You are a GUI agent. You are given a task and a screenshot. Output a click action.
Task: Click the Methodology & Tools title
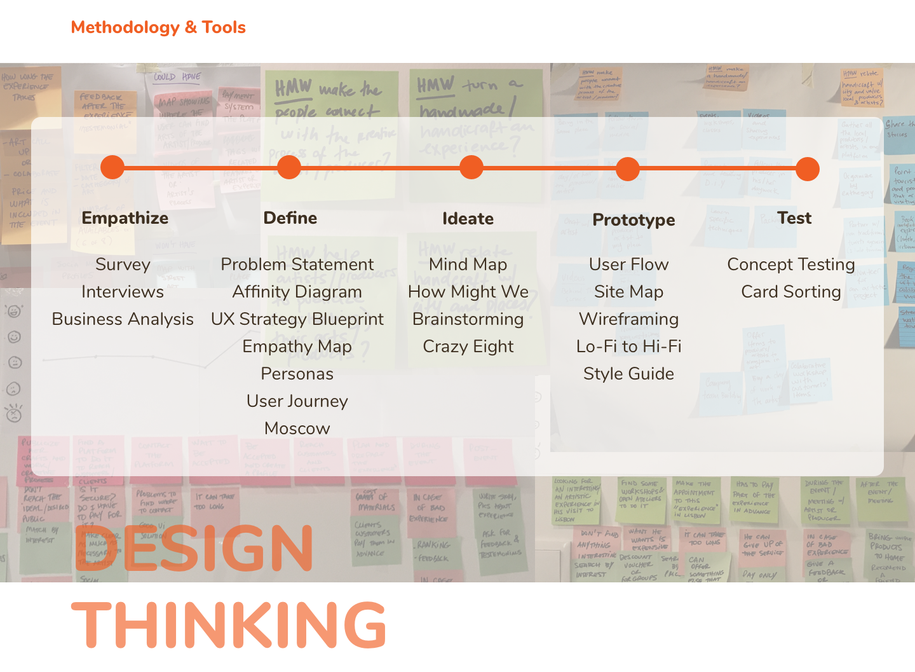tap(158, 27)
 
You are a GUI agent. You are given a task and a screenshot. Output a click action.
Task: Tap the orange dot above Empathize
tap(112, 167)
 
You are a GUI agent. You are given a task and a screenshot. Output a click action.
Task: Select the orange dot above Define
tap(289, 167)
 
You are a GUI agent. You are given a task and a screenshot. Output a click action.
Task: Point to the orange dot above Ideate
tap(471, 167)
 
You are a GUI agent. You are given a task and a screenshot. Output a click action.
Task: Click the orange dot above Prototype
tap(628, 169)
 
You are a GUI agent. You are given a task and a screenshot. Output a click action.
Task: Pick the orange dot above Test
tap(808, 169)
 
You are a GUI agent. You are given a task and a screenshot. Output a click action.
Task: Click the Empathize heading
tap(125, 218)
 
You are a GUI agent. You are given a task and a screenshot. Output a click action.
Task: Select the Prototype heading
tap(634, 220)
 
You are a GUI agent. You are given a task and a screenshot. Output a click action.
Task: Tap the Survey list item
tap(123, 264)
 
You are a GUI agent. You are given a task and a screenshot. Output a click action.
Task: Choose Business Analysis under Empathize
tap(123, 319)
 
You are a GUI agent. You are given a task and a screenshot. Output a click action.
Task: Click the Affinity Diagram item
tap(297, 292)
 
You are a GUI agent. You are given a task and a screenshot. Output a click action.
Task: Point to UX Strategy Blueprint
tap(297, 319)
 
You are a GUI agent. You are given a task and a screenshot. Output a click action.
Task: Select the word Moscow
tap(297, 429)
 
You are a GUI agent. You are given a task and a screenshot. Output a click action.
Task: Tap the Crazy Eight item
tap(468, 346)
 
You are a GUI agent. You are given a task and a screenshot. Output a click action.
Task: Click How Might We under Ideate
tap(468, 292)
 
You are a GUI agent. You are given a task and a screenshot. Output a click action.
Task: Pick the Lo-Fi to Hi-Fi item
tap(628, 346)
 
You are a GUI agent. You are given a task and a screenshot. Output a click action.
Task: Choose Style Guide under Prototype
tap(628, 374)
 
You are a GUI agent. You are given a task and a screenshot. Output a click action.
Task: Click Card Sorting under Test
tap(791, 292)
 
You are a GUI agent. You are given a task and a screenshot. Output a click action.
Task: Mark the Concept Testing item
tap(791, 264)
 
